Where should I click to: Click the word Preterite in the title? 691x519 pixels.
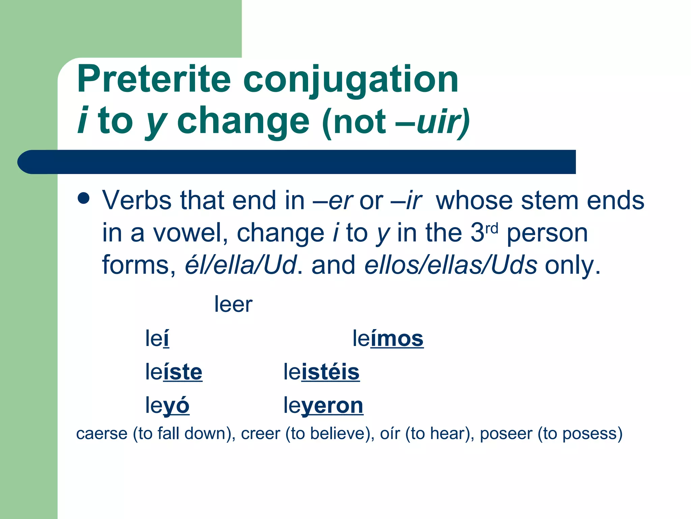click(x=154, y=79)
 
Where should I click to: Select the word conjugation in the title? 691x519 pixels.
click(x=351, y=81)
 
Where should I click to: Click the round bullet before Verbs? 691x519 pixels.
click(x=83, y=199)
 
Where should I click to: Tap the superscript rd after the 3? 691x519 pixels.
click(x=492, y=229)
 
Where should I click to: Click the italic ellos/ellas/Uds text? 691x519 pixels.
click(x=451, y=265)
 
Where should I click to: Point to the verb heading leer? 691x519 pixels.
click(x=233, y=304)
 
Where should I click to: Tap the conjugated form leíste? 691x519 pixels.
click(x=174, y=372)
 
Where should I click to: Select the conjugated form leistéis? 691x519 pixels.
click(x=322, y=372)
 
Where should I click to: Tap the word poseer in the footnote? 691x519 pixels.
click(x=506, y=434)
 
